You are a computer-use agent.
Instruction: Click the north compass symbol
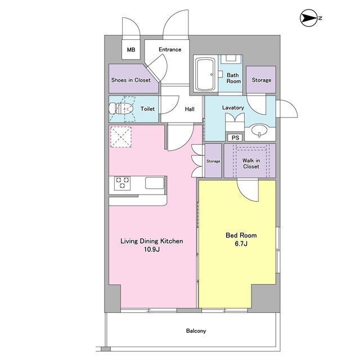[x=309, y=17]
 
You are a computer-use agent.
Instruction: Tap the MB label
[x=131, y=49]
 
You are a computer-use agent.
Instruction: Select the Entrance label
[x=170, y=49]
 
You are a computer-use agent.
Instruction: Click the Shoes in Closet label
[x=131, y=80]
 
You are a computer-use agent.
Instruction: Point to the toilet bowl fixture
[x=121, y=109]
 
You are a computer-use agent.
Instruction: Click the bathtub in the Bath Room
[x=205, y=74]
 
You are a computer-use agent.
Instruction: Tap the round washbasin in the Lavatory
[x=259, y=130]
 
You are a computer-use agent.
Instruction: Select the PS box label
[x=235, y=138]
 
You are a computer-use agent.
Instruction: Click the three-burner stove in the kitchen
[x=123, y=183]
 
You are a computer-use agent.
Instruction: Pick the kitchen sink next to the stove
[x=155, y=183]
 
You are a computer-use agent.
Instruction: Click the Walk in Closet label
[x=251, y=164]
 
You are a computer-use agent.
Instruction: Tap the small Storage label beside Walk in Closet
[x=213, y=161]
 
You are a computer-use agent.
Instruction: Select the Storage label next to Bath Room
[x=262, y=80]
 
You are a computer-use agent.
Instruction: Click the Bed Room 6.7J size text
[x=241, y=244]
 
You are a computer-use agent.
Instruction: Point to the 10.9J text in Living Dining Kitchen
[x=151, y=249]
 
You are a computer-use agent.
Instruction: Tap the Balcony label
[x=196, y=331]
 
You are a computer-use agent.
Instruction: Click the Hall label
[x=190, y=109]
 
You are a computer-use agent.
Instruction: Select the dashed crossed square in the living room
[x=121, y=137]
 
